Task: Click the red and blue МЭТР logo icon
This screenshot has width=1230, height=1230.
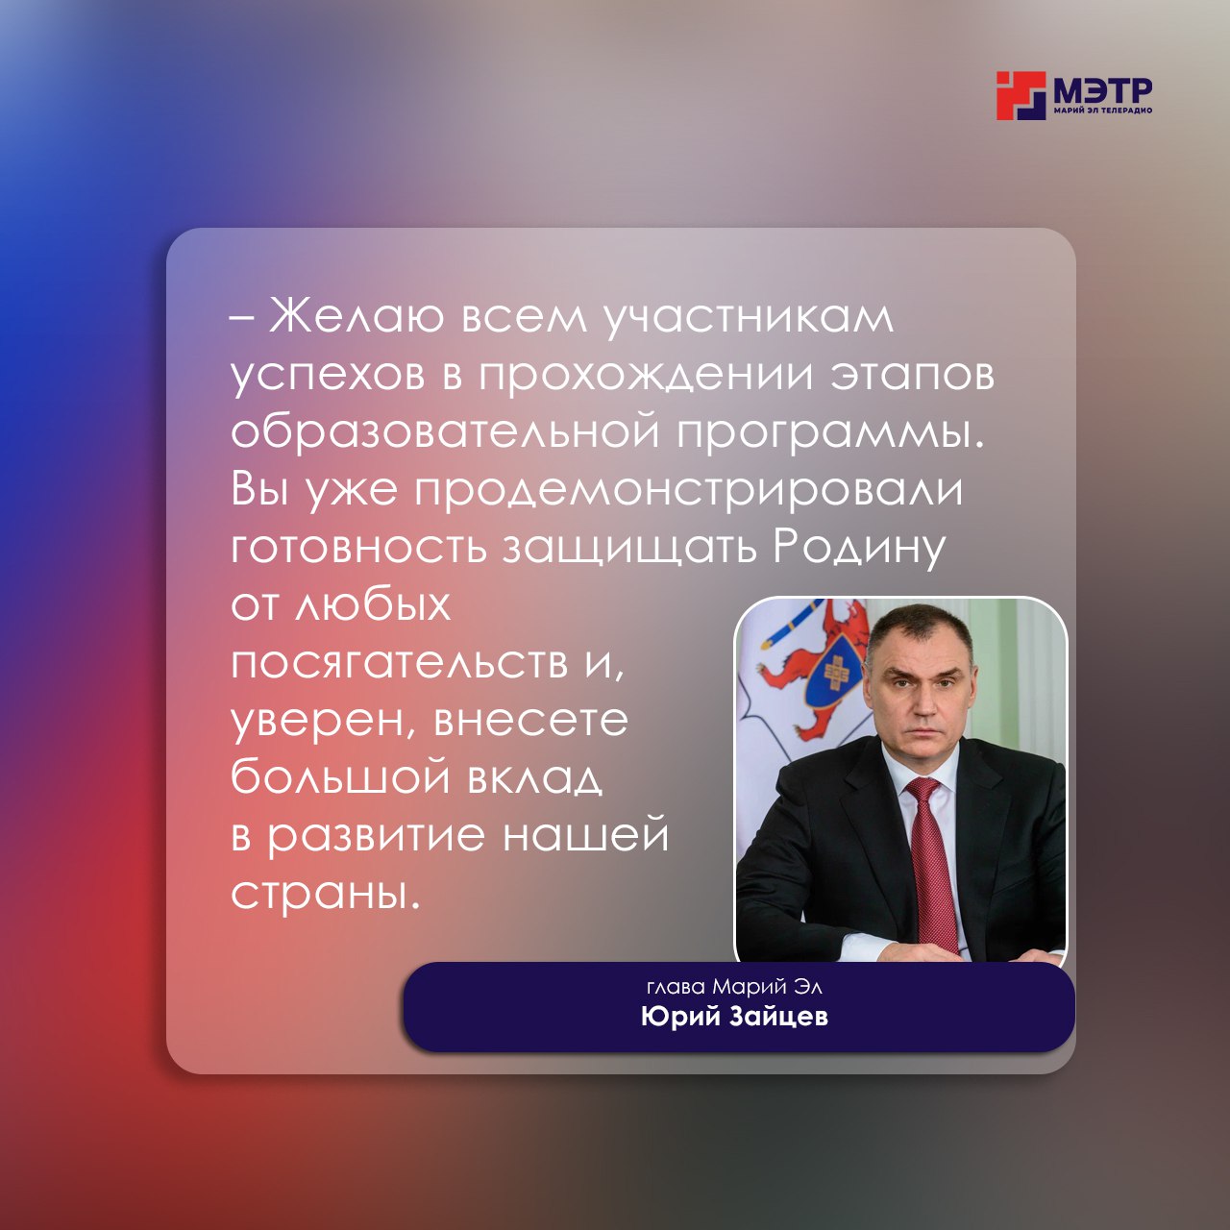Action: point(1021,96)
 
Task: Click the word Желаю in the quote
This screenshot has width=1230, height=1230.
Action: point(357,316)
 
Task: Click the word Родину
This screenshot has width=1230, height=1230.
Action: point(859,549)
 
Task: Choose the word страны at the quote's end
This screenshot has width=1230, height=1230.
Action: point(326,893)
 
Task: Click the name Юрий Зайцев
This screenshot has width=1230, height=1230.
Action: point(734,1016)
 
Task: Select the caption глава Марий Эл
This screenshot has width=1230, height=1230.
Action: point(734,988)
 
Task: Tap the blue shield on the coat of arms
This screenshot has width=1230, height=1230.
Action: point(834,677)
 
